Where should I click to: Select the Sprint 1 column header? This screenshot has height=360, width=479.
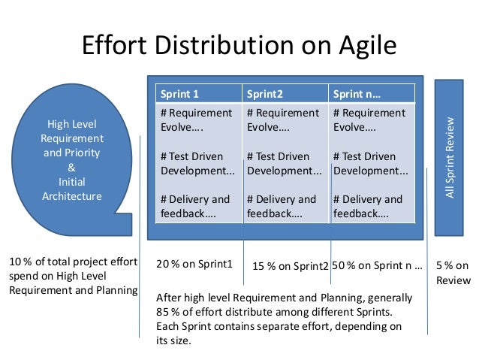pyautogui.click(x=179, y=94)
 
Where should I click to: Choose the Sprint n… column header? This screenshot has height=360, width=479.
pyautogui.click(x=356, y=94)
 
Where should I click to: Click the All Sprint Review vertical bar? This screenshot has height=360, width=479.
pyautogui.click(x=450, y=157)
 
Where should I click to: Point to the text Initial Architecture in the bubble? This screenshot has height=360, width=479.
pyautogui.click(x=71, y=188)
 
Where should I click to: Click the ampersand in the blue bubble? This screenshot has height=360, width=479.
pyautogui.click(x=71, y=167)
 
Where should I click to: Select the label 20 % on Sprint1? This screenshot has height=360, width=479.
pyautogui.click(x=194, y=265)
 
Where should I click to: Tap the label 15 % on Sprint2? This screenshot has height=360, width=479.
pyautogui.click(x=290, y=266)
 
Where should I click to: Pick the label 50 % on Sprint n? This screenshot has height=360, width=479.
pyautogui.click(x=377, y=265)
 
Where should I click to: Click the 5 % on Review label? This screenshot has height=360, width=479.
pyautogui.click(x=453, y=272)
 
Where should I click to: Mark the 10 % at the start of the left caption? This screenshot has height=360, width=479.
pyautogui.click(x=18, y=262)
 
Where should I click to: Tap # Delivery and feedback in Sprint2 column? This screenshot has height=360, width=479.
pyautogui.click(x=282, y=206)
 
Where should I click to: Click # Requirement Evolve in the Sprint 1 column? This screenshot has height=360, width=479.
pyautogui.click(x=197, y=119)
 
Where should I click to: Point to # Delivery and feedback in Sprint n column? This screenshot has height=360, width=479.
pyautogui.click(x=368, y=206)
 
